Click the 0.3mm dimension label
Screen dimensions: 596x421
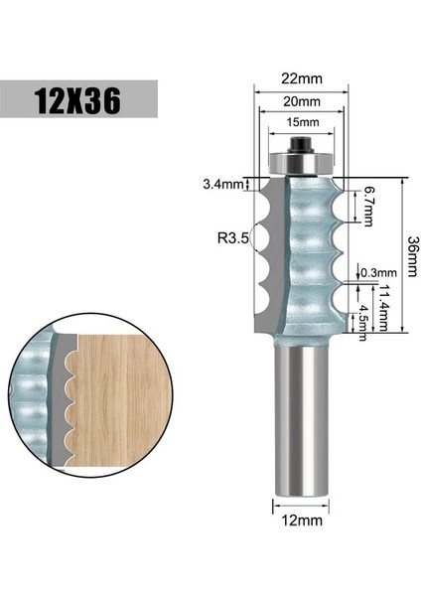(x=378, y=272)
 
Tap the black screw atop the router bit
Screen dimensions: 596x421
(x=299, y=146)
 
